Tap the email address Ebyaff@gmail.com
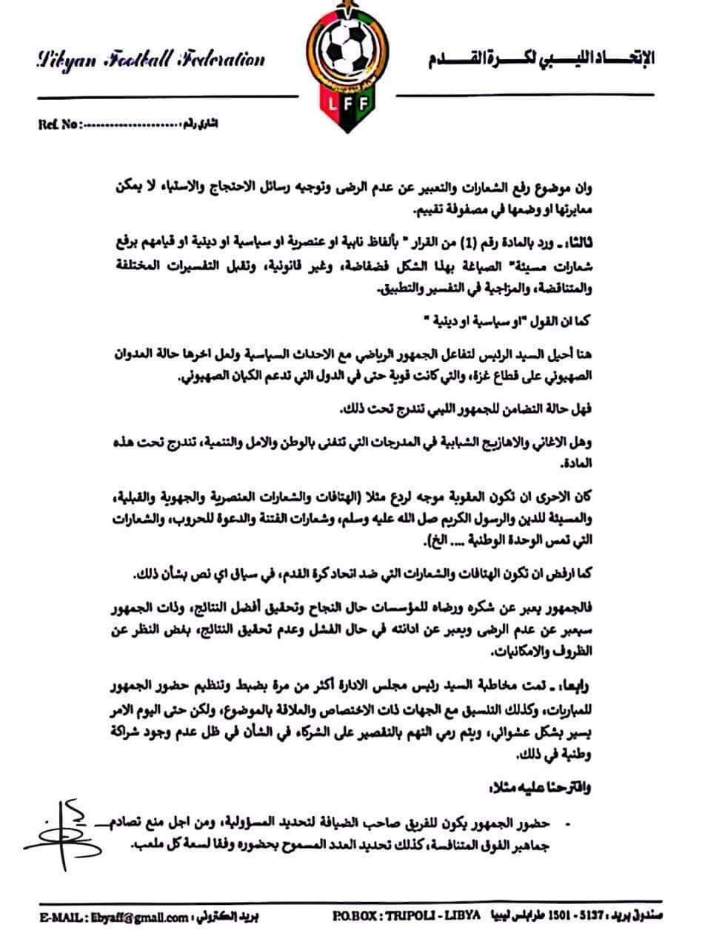(149, 917)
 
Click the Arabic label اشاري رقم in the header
(201, 124)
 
